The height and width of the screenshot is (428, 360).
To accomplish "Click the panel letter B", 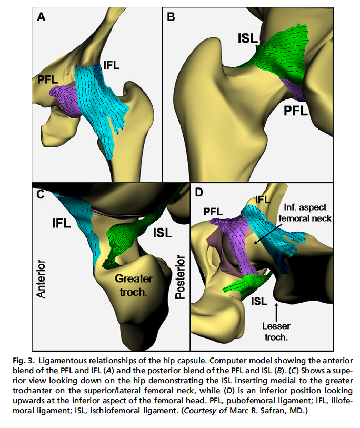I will point(171,17).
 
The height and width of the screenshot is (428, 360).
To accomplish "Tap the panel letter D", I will point(198,192).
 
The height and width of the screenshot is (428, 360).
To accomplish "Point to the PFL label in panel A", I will point(49,80).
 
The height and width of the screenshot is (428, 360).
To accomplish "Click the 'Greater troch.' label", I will point(134,284).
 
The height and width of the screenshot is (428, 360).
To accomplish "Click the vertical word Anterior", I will point(42,279).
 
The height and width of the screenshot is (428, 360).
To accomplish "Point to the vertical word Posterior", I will point(181,277).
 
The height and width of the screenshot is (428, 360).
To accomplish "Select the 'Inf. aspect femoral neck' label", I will point(305,213).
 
